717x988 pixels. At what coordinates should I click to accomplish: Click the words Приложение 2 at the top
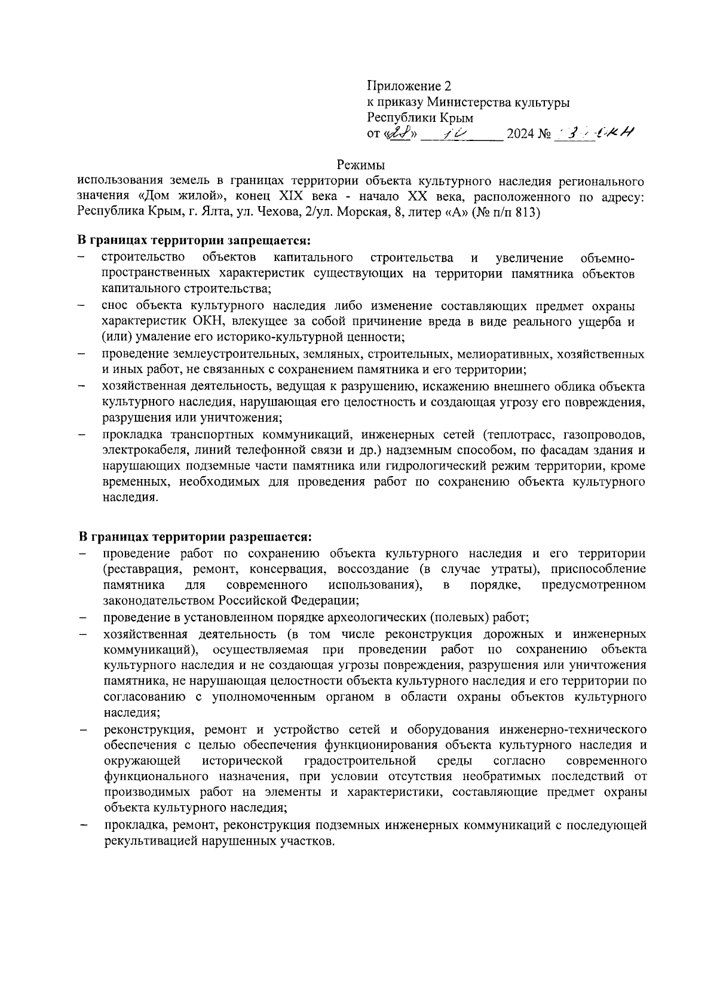pos(408,86)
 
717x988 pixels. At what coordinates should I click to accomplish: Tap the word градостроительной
pos(360,760)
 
